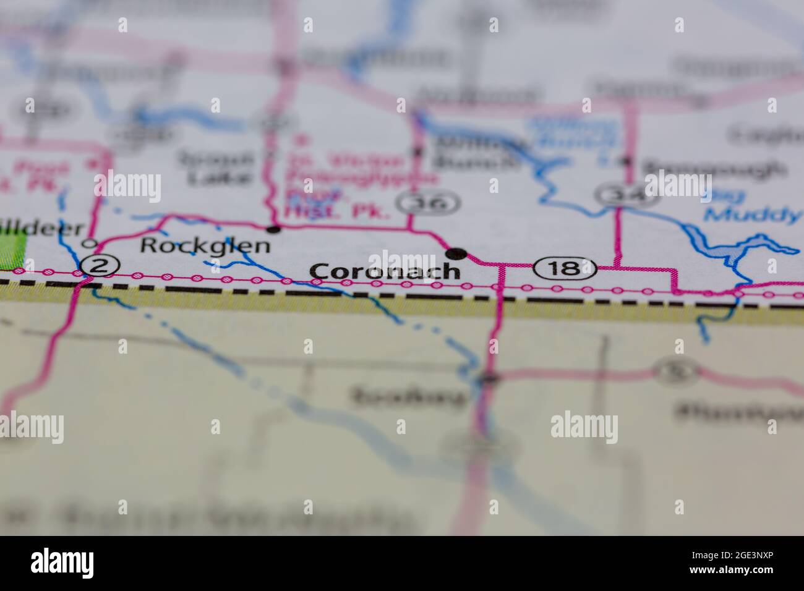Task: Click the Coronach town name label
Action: tap(385, 271)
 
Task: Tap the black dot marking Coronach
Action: tap(456, 252)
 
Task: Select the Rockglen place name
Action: tap(205, 245)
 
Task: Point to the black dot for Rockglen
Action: tap(274, 230)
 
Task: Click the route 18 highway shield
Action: tap(565, 268)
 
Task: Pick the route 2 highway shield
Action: tap(99, 266)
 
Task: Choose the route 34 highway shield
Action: tap(618, 195)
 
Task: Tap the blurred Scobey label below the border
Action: tap(408, 396)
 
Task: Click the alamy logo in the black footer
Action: tap(62, 563)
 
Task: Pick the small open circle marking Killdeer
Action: tap(92, 242)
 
